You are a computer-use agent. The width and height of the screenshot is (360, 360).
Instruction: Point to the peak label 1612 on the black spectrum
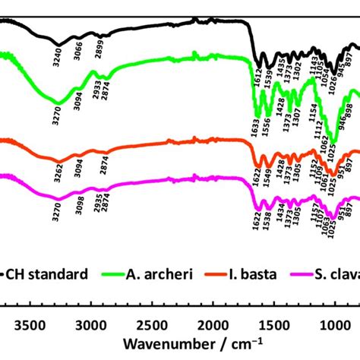[x=258, y=82]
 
